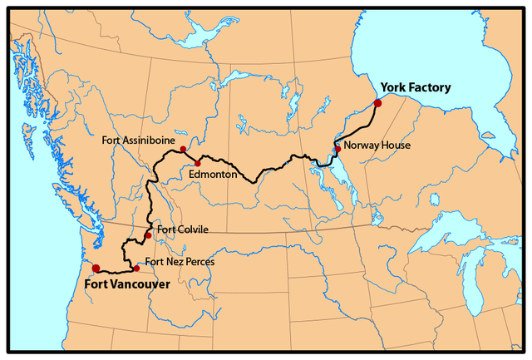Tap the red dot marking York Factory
pyautogui.click(x=377, y=103)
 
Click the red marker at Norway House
pyautogui.click(x=337, y=149)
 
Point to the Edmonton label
pyautogui.click(x=214, y=175)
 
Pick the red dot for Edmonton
pyautogui.click(x=198, y=163)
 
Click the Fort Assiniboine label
pyautogui.click(x=137, y=140)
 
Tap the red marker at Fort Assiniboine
pyautogui.click(x=183, y=149)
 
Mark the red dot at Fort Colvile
pyautogui.click(x=148, y=236)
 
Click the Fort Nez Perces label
pyautogui.click(x=180, y=262)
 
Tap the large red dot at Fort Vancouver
pyautogui.click(x=96, y=268)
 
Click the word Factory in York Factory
pyautogui.click(x=432, y=86)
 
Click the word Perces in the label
pyautogui.click(x=198, y=262)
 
